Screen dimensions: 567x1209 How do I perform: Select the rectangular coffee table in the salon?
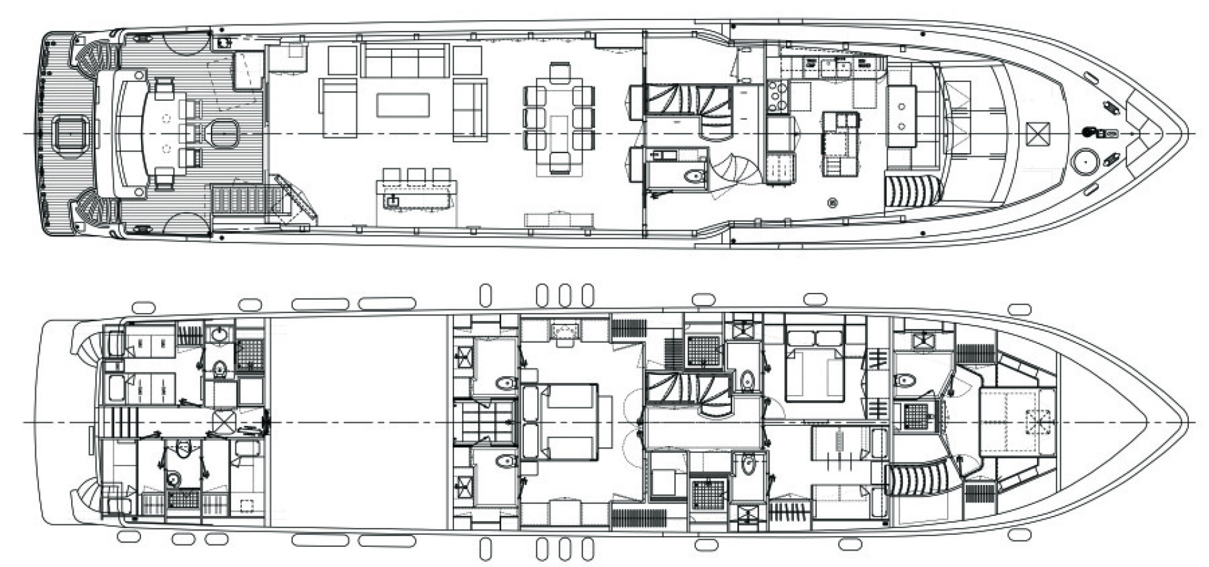[403, 105]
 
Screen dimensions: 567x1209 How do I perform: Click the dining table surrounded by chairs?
[559, 120]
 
